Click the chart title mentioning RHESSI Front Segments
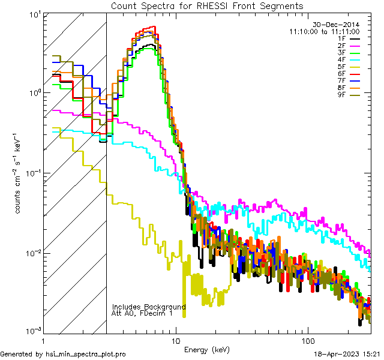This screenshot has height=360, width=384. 207,5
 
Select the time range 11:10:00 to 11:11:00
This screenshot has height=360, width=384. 324,31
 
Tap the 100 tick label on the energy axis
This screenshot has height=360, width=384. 307,340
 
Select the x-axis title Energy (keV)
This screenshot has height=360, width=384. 207,349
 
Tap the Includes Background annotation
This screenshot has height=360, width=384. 149,307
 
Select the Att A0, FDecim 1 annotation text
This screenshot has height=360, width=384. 142,313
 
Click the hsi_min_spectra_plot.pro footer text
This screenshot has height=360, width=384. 63,355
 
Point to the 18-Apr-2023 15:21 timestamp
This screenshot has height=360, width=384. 347,355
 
